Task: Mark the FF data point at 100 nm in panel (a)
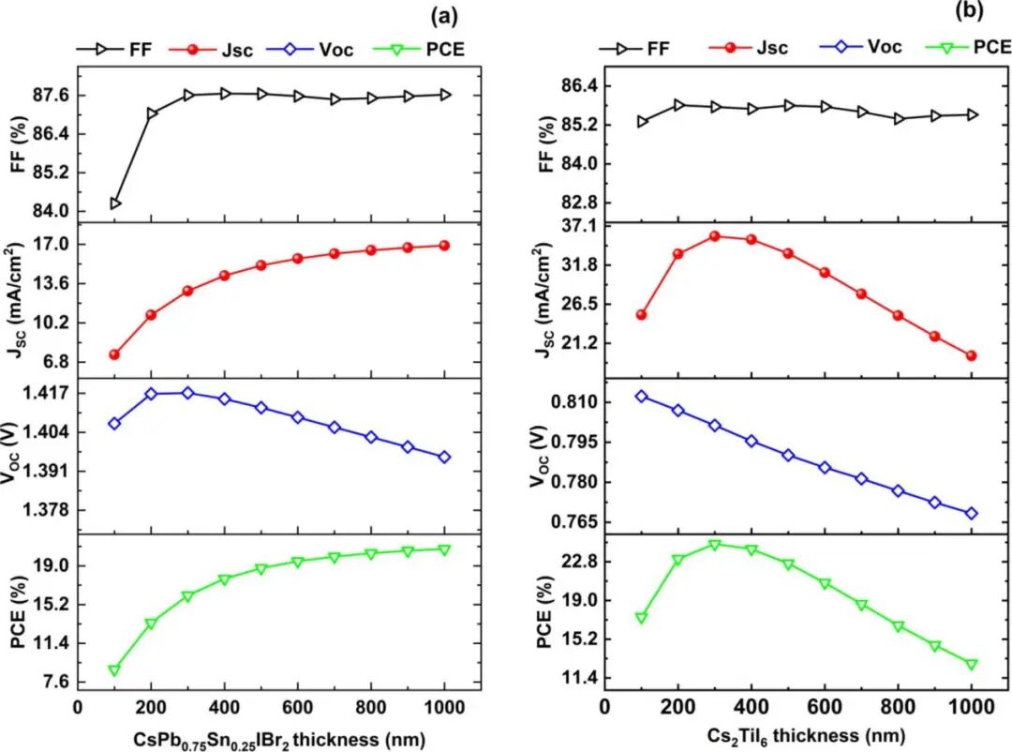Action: (x=114, y=203)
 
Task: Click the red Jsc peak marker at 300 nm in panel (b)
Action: (x=714, y=236)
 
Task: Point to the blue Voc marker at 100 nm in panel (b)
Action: (x=641, y=397)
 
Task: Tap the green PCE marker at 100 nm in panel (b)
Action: (x=641, y=618)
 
